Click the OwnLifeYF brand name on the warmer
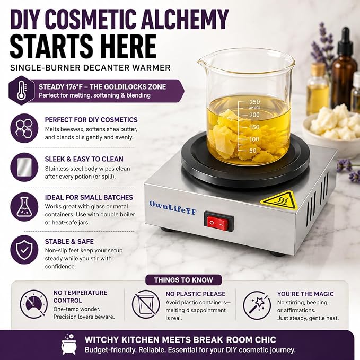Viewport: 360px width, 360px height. tap(173, 208)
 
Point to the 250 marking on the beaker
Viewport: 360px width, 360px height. tap(254, 102)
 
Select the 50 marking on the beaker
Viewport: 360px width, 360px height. tap(253, 151)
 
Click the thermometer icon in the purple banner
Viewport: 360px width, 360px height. tap(22, 90)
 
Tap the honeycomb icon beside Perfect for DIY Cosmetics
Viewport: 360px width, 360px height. tap(24, 128)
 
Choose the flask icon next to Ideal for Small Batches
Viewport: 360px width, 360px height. tap(24, 207)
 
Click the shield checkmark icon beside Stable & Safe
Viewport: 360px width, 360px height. tap(24, 250)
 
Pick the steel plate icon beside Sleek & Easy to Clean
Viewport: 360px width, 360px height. tap(24, 167)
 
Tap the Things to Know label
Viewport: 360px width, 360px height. tap(183, 280)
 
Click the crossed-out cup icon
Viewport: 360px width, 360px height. tap(146, 304)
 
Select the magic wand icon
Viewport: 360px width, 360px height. tap(257, 305)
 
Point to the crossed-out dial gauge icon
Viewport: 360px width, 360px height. tap(34, 304)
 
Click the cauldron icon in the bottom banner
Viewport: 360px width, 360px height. tap(69, 345)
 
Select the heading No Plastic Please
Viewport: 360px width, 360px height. tap(196, 294)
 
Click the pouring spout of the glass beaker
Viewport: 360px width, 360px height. tap(203, 62)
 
